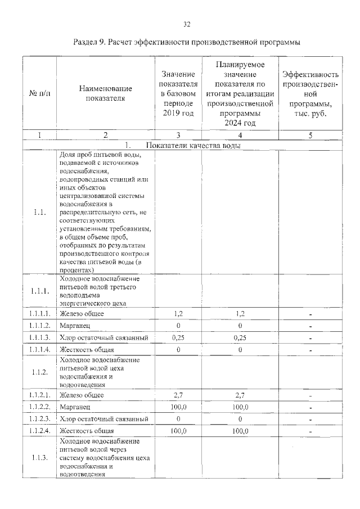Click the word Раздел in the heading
point(87,42)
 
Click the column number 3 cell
point(178,135)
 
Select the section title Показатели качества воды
point(192,145)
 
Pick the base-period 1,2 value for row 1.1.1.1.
point(178,313)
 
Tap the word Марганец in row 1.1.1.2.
point(73,326)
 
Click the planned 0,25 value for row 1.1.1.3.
point(240,337)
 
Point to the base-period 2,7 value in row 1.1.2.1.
point(178,395)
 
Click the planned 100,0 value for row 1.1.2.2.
point(240,407)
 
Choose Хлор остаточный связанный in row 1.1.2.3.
point(103,419)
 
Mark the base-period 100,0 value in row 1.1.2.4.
point(178,431)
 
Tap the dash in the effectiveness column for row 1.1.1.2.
point(310,326)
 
